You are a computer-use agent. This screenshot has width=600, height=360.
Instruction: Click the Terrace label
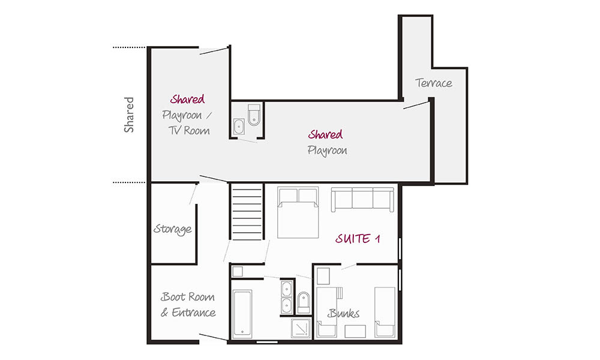pos(434,83)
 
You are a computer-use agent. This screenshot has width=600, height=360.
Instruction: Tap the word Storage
pos(173,229)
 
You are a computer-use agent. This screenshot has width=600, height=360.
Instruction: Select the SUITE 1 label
pos(358,239)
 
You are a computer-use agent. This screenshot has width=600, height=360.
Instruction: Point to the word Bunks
pos(343,313)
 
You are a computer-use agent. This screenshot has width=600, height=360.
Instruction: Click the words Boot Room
pos(187,297)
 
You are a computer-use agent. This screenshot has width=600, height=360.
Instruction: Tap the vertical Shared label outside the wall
pos(129,115)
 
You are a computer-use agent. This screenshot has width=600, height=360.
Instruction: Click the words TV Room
pos(190,130)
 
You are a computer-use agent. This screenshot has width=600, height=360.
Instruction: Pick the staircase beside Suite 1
pos(247,212)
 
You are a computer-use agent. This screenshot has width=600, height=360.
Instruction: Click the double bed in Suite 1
pos(298,212)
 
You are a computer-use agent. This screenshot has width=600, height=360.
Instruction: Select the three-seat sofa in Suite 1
pos(362,199)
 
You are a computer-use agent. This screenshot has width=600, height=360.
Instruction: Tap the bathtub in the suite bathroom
pos(242,314)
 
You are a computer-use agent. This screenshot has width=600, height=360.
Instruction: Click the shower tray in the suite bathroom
pos(301,328)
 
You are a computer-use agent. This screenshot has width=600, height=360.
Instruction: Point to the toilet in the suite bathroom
pos(304,303)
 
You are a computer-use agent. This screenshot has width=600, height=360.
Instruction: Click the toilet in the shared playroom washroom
pos(254,115)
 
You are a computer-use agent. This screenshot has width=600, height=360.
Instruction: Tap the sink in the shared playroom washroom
pos(239,126)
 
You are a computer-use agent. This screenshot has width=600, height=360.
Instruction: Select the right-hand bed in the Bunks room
pos(385,312)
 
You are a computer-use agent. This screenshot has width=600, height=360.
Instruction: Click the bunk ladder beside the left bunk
pos(340,293)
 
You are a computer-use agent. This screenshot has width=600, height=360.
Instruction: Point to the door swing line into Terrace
pos(416,105)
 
